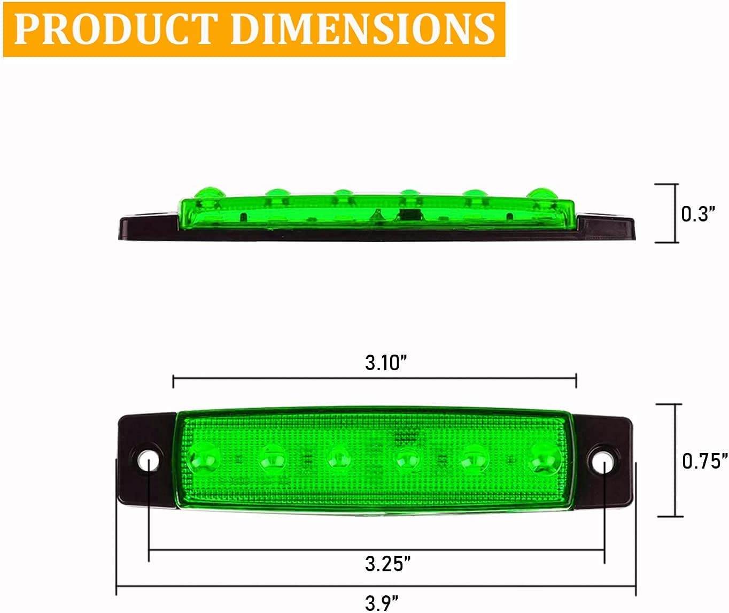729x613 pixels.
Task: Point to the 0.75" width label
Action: click(705, 460)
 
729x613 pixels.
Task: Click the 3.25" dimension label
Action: click(387, 563)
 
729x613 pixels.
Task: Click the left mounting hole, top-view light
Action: click(148, 461)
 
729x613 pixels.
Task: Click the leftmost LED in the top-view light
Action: click(205, 458)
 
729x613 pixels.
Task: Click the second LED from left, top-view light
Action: click(272, 458)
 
